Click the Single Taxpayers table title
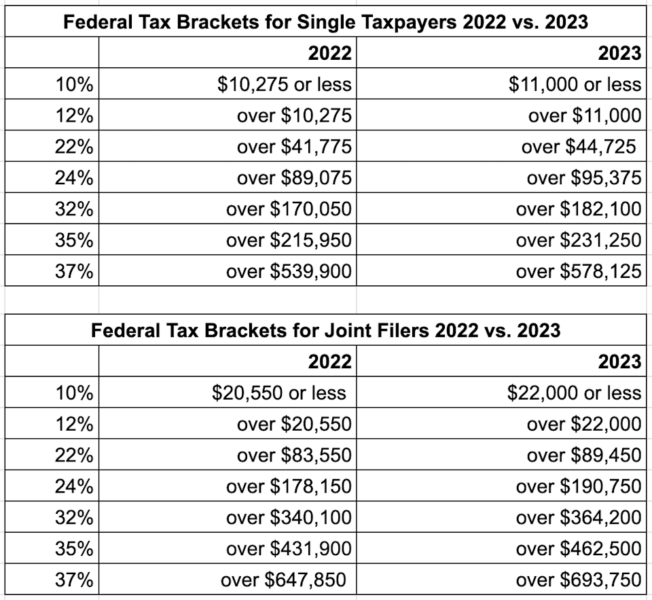pos(325,22)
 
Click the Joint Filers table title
pos(325,330)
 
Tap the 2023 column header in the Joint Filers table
pos(619,361)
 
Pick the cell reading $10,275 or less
pos(285,84)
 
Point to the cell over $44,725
pos(579,147)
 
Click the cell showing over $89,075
pos(294,178)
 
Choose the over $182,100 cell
pos(578,209)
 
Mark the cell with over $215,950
pos(289,241)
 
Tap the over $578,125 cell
pos(578,272)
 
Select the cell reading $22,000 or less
pos(574,393)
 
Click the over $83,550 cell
pos(294,455)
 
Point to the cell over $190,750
pos(578,487)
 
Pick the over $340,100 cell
pos(289,518)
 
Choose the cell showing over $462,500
pos(578,549)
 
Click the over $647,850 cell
pos(283,580)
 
